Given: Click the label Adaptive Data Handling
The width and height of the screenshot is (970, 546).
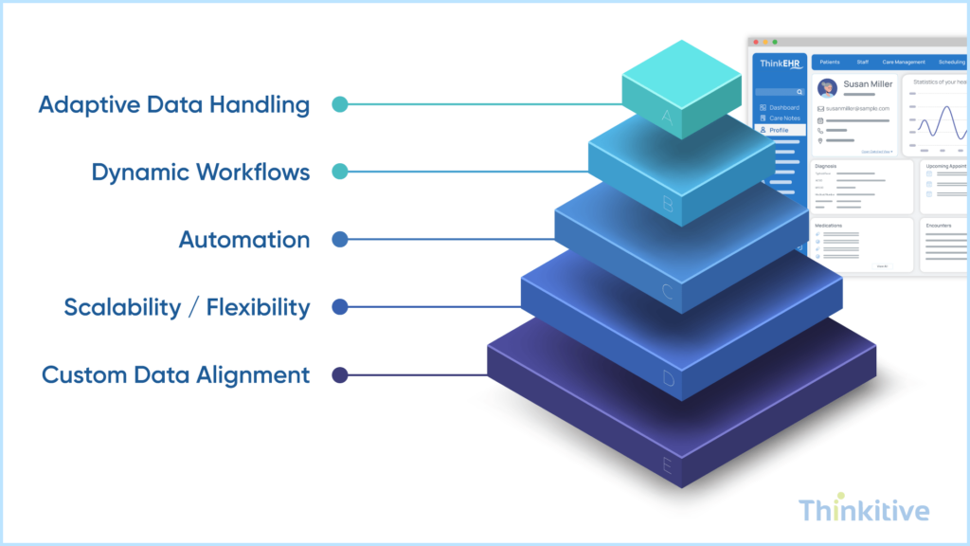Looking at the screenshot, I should coord(173,104).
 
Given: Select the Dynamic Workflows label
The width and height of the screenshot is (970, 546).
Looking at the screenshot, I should coord(200,173).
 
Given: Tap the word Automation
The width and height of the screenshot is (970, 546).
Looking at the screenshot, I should coord(243,240).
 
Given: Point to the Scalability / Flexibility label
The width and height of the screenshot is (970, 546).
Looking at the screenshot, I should coord(187,307).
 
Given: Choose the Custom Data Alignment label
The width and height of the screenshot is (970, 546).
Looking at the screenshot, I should coord(175,375).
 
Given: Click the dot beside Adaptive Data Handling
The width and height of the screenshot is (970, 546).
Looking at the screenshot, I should coord(339,104).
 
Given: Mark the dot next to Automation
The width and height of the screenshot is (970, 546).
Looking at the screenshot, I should coord(339,240).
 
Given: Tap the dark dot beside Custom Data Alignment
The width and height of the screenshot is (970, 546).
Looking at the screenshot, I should coord(339,375).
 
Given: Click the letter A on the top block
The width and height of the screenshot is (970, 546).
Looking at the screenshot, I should coord(667,118).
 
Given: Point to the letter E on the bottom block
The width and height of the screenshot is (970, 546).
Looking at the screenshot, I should coord(667,466).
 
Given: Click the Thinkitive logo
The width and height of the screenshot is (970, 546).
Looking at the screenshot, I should coord(863,511).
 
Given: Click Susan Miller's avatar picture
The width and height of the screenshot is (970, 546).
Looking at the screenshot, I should coord(827,88).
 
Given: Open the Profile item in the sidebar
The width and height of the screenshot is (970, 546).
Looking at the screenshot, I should coord(778,130).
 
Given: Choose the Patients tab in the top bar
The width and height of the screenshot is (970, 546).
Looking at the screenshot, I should coord(830,62).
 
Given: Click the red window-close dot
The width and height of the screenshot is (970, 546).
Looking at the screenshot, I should coord(755,42).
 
